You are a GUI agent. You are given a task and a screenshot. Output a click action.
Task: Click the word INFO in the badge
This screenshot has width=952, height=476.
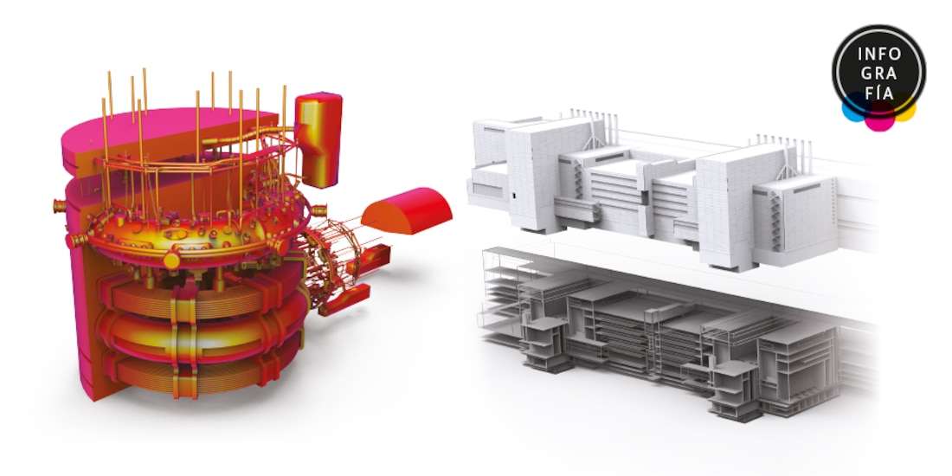879,54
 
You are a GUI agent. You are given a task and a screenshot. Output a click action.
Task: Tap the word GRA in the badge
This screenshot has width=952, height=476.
879,74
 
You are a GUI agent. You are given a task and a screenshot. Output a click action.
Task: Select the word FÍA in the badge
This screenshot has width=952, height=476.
879,93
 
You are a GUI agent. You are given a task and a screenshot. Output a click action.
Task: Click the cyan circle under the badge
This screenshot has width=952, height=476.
855,110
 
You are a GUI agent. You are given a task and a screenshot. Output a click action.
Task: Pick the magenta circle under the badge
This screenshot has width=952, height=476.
879,118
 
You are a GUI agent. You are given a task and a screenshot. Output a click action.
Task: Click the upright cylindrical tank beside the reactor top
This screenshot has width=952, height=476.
318,139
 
